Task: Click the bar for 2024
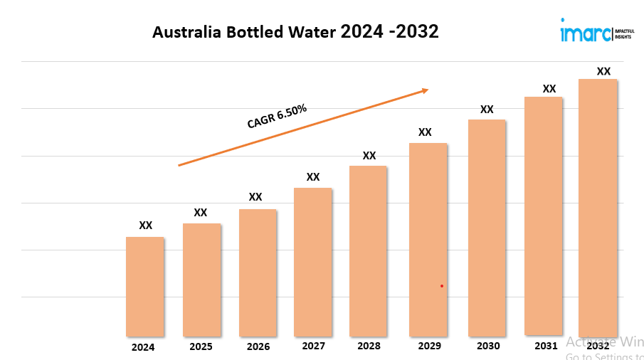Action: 145,286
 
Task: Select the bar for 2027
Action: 313,262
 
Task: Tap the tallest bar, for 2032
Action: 598,206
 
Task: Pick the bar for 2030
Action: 487,228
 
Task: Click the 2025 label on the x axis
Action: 201,347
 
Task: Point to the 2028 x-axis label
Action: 369,346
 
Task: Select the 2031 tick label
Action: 546,346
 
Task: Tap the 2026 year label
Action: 258,347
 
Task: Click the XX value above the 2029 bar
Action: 425,132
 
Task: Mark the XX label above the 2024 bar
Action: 146,226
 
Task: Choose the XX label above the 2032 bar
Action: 603,71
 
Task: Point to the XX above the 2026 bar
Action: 255,197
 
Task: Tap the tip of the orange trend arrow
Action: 428,90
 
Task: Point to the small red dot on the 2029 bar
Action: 442,286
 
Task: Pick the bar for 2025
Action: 201,280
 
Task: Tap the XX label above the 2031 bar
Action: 549,89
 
